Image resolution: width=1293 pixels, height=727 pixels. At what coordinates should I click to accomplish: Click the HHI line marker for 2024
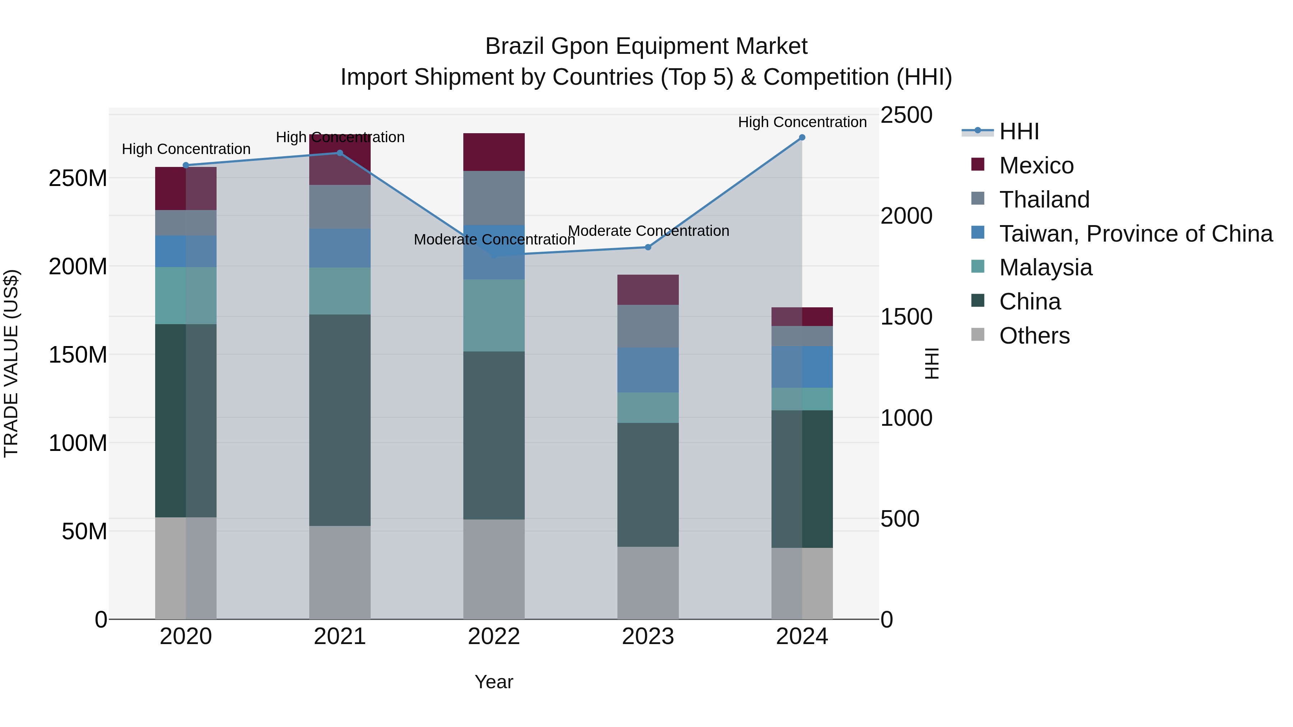pos(802,138)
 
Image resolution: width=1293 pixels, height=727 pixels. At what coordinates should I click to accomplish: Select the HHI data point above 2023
pos(648,247)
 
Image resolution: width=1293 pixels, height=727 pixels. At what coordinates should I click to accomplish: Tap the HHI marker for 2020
pos(186,165)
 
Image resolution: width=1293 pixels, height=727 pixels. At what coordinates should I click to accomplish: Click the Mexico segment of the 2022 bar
pos(493,152)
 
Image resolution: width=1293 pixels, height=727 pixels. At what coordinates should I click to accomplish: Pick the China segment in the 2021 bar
pos(340,420)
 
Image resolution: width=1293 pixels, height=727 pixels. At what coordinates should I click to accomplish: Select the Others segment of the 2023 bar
pos(648,583)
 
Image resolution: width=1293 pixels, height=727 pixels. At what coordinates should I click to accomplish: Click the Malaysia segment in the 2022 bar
pos(493,315)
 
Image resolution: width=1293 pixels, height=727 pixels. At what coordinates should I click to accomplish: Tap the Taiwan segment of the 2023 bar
pos(648,370)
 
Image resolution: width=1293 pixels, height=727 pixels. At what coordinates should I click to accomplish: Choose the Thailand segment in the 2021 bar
pos(340,207)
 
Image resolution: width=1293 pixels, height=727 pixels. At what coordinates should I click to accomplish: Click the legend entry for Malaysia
pos(1045,267)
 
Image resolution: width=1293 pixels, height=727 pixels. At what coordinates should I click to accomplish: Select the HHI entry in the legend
pos(1019,131)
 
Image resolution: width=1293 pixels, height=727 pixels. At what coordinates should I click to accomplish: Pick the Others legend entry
pos(1034,336)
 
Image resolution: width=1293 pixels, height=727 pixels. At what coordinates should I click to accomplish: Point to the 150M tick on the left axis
pos(78,355)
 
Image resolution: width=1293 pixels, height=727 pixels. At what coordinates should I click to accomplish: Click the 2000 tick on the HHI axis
pos(906,216)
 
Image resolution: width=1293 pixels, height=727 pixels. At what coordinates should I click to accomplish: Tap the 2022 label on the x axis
pos(493,637)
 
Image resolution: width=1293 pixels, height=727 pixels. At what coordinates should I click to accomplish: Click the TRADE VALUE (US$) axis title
pos(11,363)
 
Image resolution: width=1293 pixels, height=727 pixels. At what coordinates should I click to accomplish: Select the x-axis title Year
pos(493,682)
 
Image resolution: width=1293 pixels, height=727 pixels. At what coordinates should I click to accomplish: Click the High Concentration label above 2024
pos(802,122)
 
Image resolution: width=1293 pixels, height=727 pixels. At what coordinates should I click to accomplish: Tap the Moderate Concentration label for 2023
pos(648,231)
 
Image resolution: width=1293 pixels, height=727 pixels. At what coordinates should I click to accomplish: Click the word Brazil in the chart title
pos(514,46)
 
